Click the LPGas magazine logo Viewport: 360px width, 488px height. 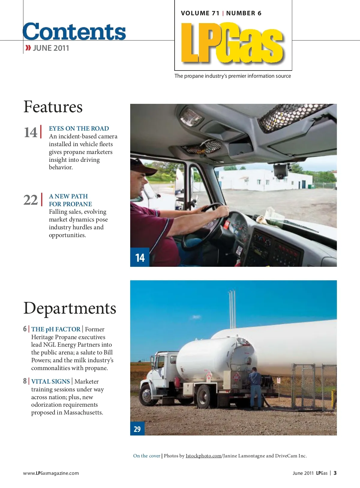click(232, 43)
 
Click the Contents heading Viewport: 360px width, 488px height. click(74, 32)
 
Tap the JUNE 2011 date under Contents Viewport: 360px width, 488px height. click(51, 48)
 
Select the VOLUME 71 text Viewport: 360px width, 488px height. click(200, 13)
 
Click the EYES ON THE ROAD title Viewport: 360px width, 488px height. click(79, 128)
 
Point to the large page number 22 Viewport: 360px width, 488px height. click(31, 200)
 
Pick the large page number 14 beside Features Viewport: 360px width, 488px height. click(31, 132)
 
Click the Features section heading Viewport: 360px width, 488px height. click(53, 107)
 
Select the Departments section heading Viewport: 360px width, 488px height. click(70, 308)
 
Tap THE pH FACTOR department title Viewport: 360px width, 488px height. click(56, 329)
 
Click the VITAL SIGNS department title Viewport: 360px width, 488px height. click(50, 381)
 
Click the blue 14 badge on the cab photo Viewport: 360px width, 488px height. click(140, 258)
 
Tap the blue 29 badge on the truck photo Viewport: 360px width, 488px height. click(137, 429)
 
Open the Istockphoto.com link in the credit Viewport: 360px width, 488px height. click(203, 456)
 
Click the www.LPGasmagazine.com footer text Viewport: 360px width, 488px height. click(51, 473)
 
